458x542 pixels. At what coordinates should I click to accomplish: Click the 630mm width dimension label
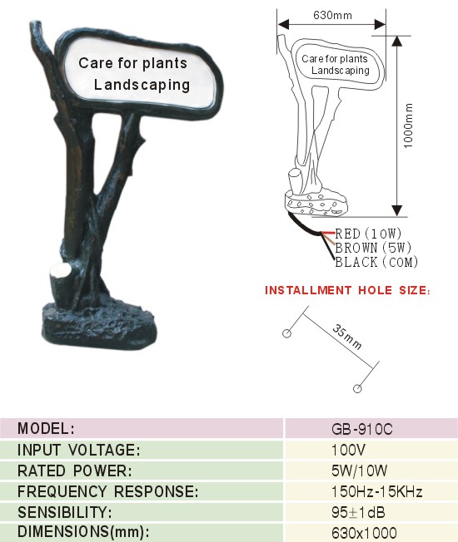click(x=332, y=15)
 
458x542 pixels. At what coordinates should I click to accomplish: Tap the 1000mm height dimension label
click(x=409, y=126)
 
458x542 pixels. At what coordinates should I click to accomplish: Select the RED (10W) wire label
click(x=368, y=234)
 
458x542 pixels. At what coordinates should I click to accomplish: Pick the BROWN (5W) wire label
click(x=373, y=248)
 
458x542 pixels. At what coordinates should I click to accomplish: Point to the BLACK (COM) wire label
click(x=376, y=262)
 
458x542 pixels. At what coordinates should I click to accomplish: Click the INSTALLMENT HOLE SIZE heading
click(x=347, y=290)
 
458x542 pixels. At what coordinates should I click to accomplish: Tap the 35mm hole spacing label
click(x=347, y=337)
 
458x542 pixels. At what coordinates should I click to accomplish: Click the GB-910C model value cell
click(x=361, y=429)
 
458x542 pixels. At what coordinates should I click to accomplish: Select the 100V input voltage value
click(x=348, y=450)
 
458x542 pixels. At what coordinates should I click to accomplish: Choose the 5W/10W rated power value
click(x=359, y=471)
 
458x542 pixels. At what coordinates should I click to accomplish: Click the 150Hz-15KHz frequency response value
click(x=376, y=491)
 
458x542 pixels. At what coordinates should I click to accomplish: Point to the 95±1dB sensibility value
click(x=358, y=512)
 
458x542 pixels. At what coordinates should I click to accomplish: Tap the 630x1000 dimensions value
click(x=364, y=533)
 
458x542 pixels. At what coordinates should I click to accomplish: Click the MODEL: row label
click(x=46, y=429)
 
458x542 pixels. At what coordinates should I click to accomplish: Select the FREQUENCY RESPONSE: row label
click(x=108, y=491)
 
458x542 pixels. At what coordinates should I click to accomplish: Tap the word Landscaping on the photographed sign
click(x=142, y=85)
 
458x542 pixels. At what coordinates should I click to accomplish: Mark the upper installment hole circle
click(x=286, y=333)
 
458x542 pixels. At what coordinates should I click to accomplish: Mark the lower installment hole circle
click(x=357, y=388)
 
